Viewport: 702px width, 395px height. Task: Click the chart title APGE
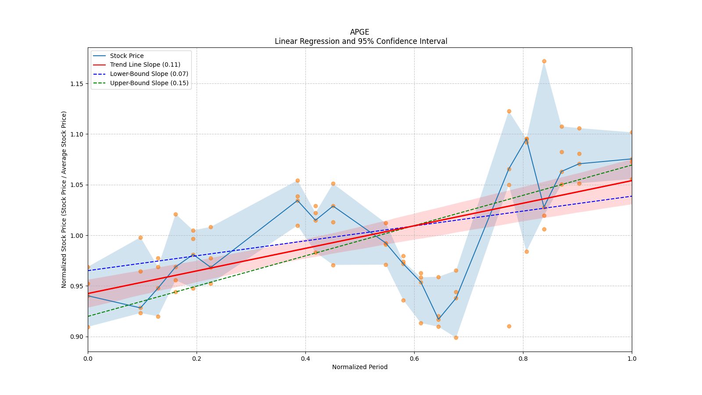(359, 32)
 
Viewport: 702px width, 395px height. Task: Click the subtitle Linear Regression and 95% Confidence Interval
(361, 41)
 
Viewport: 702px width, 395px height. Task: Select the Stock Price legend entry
(127, 56)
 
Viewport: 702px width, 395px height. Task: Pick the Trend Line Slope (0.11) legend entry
(145, 65)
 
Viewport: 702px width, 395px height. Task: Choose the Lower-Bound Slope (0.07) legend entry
(149, 74)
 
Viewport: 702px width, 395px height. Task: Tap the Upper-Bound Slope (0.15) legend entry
(149, 83)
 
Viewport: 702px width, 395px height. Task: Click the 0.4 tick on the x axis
(305, 359)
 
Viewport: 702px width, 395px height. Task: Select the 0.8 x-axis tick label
(523, 359)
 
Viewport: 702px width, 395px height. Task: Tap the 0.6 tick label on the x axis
(414, 359)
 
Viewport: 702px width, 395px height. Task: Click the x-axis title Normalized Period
(360, 367)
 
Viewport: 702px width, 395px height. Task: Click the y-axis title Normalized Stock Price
(64, 199)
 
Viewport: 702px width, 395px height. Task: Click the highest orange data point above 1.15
(544, 61)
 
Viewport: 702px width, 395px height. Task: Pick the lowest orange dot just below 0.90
(456, 338)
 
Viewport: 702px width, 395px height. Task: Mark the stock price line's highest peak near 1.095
(526, 139)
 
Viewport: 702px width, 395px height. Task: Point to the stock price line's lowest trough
(438, 320)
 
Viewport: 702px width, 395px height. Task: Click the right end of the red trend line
(631, 180)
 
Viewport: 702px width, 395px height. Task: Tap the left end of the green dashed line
(88, 316)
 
